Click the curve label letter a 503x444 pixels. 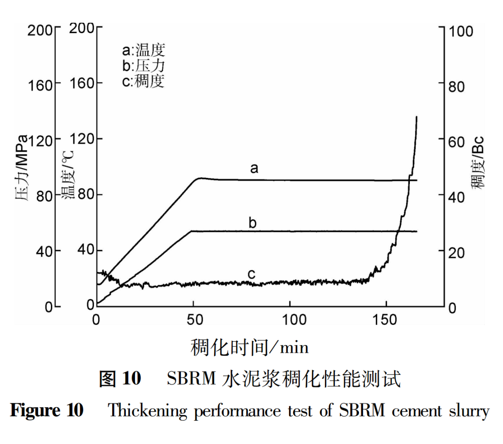point(254,169)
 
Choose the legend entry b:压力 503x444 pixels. point(144,66)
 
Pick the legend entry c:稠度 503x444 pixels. point(144,81)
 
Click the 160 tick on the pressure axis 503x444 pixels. point(41,84)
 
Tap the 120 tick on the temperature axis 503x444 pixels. point(83,139)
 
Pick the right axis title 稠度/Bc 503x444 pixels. point(478,161)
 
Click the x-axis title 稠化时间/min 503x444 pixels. point(249,347)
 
